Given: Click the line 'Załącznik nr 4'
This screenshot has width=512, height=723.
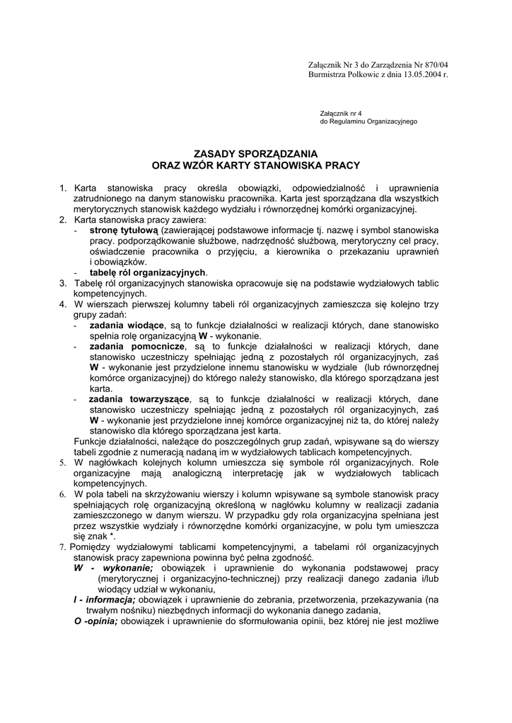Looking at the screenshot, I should click(x=341, y=113).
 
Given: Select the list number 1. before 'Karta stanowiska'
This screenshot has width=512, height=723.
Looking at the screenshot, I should click(x=63, y=189).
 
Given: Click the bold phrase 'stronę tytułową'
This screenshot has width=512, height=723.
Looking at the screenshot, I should click(x=124, y=230).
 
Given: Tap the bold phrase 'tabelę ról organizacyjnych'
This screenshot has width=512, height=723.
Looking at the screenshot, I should click(x=147, y=272).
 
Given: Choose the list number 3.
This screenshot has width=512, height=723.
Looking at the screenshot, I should click(x=63, y=282).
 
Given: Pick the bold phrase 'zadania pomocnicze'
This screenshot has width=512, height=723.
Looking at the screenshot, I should click(x=137, y=346).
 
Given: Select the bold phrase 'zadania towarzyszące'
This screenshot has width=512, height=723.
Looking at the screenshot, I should click(x=139, y=399).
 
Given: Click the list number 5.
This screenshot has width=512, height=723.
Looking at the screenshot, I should click(x=63, y=462).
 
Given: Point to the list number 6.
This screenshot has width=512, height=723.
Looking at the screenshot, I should click(x=63, y=494).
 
